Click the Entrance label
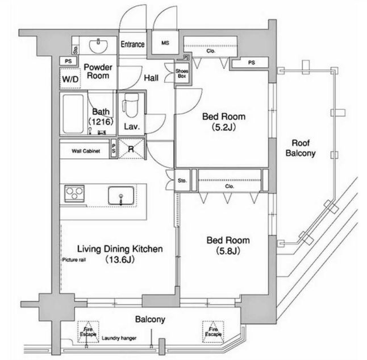click(x=133, y=44)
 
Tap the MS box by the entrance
click(x=165, y=43)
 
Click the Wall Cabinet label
click(x=86, y=151)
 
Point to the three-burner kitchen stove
click(x=74, y=194)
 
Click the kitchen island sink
click(x=121, y=195)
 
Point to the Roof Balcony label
click(x=300, y=148)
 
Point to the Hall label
click(x=151, y=78)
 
